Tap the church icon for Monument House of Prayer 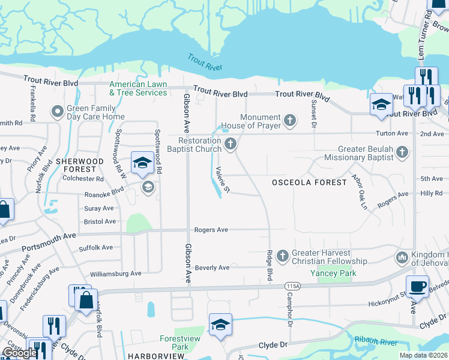289,121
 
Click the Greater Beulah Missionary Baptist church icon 402,153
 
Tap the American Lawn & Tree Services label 138,89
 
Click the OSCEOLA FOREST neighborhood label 309,182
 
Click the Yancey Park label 333,273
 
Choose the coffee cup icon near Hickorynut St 417,285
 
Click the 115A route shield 292,285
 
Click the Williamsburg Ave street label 115,274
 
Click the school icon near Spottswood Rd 142,163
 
